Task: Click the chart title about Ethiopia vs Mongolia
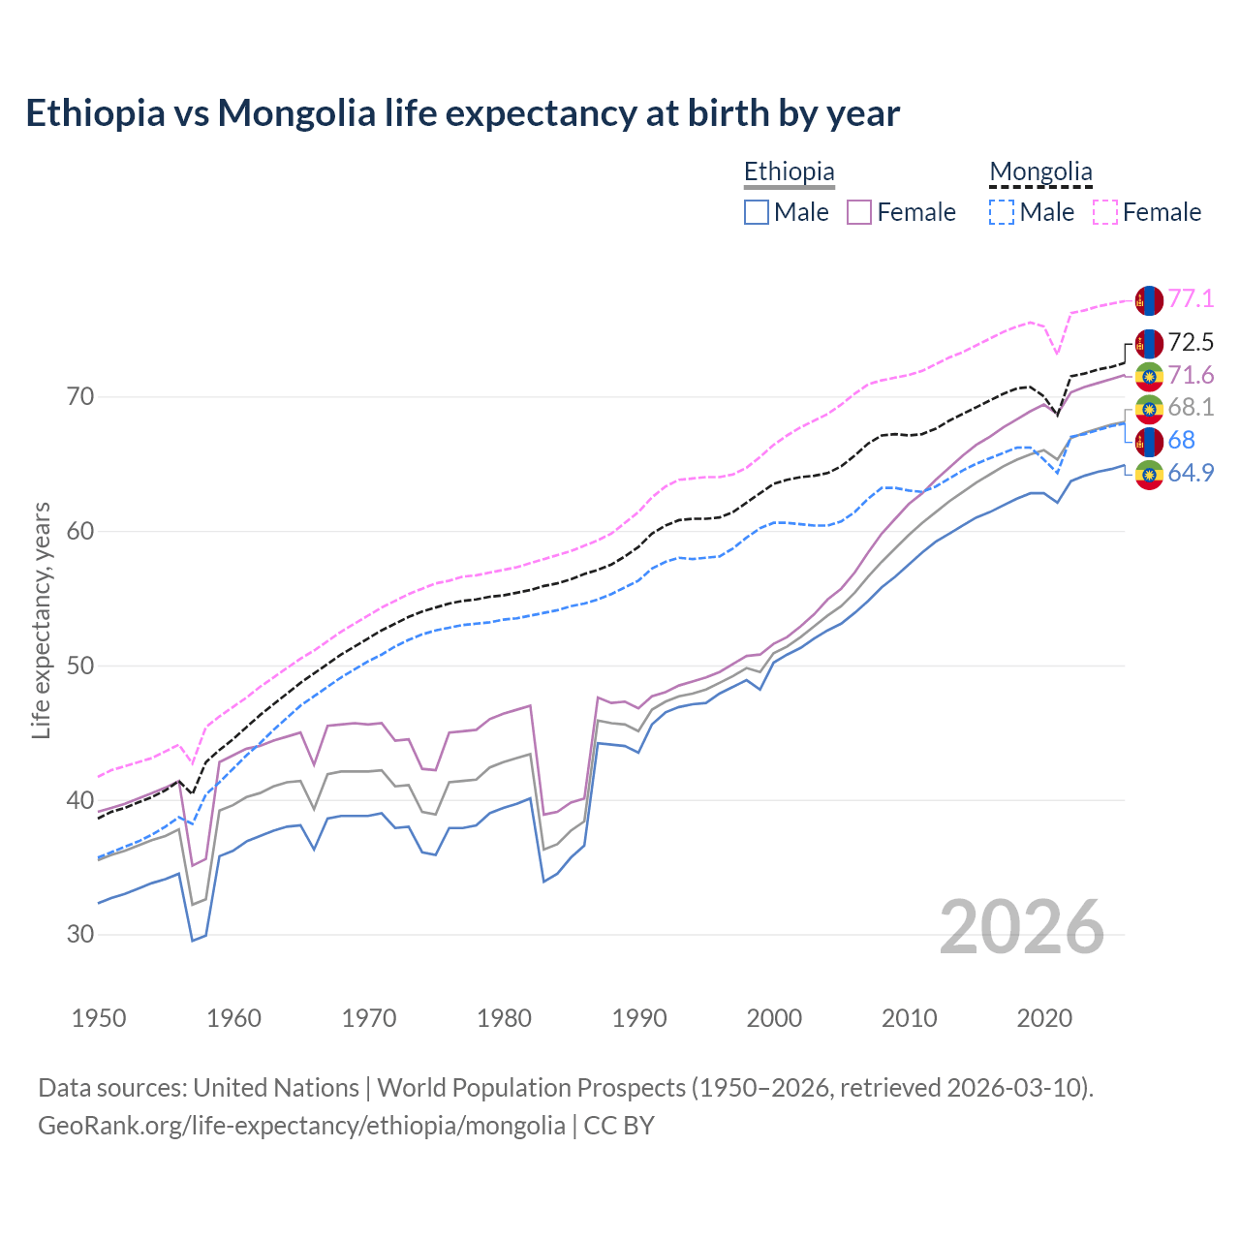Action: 462,113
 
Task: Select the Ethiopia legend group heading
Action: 789,172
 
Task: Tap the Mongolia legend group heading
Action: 1040,172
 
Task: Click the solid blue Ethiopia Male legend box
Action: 757,212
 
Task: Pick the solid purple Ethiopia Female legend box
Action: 860,212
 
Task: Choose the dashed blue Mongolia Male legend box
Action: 1002,212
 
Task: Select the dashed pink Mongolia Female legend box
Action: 1105,212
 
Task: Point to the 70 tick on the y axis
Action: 80,397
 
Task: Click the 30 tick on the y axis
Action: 80,935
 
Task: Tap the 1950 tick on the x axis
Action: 99,1018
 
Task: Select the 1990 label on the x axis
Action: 639,1018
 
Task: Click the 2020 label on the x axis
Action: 1044,1018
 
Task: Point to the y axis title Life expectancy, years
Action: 42,620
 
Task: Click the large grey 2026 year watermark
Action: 1021,928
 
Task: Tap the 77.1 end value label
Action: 1191,298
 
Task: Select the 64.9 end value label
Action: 1191,474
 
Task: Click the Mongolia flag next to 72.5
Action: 1149,343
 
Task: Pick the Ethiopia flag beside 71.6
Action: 1149,376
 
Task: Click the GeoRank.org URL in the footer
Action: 301,1126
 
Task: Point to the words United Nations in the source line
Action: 276,1088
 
